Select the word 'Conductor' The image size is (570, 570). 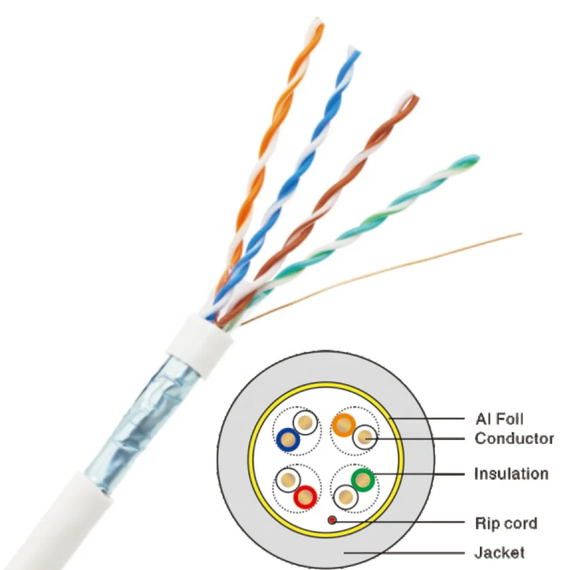click(x=514, y=438)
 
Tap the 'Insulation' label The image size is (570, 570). click(x=510, y=474)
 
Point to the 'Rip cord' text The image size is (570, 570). click(x=505, y=524)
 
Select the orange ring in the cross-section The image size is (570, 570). click(x=343, y=424)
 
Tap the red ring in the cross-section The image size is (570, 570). click(x=305, y=495)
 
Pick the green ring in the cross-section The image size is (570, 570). click(x=363, y=480)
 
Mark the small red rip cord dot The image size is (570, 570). click(x=330, y=520)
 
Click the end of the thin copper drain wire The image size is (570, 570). click(x=520, y=234)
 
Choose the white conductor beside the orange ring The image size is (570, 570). click(x=363, y=437)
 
